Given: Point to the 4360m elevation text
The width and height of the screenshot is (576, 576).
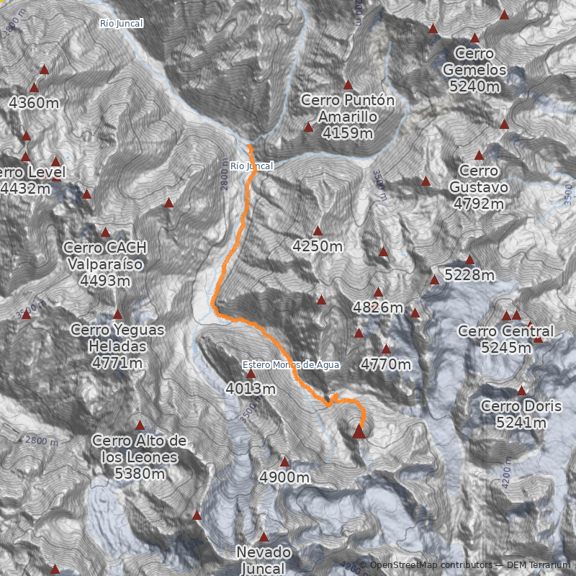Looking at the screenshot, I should [x=34, y=103].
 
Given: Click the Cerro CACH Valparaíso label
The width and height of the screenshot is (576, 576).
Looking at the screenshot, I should [x=105, y=264].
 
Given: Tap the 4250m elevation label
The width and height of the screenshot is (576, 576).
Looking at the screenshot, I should [x=318, y=246].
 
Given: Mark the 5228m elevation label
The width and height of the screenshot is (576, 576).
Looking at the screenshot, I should [x=469, y=275].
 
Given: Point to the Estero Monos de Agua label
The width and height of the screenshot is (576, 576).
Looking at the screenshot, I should [x=291, y=364].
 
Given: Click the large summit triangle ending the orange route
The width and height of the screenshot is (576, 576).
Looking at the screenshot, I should [x=359, y=431].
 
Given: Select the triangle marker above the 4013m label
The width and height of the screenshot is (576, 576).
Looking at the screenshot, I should [x=251, y=374].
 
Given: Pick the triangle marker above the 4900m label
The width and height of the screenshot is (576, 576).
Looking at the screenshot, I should [x=284, y=462].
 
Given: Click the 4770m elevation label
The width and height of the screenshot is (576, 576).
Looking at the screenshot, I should [x=386, y=364].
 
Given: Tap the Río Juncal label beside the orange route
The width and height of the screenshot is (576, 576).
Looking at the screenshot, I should [x=252, y=166].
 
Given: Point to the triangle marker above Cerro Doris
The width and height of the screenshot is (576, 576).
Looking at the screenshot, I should [x=521, y=390].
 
